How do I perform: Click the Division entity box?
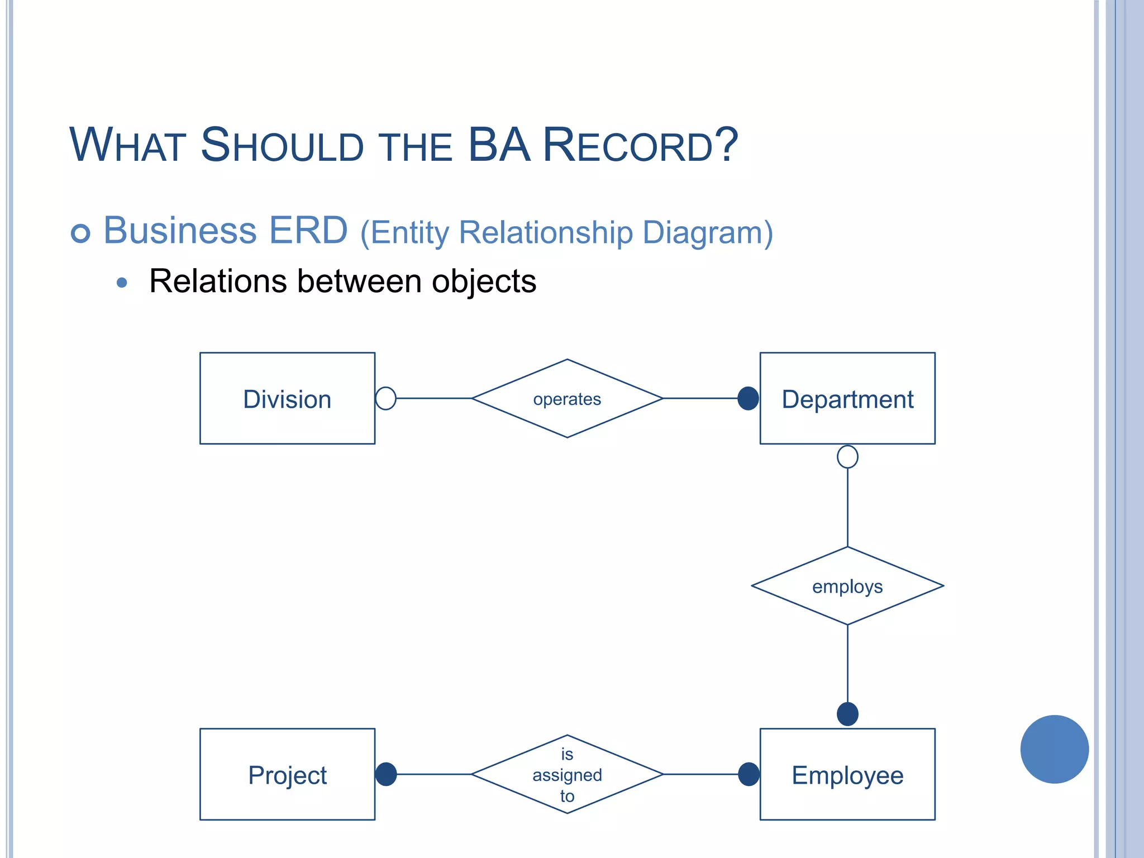click(287, 398)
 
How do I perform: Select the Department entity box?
click(847, 398)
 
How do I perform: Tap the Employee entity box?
click(847, 774)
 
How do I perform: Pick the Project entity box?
click(287, 774)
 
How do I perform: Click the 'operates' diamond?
click(567, 398)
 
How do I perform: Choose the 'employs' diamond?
click(847, 586)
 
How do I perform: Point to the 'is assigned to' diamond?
click(567, 774)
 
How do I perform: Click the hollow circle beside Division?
click(386, 398)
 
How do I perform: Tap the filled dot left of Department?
click(748, 398)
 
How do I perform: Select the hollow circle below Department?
click(847, 457)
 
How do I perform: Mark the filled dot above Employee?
click(847, 714)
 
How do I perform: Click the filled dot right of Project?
click(386, 774)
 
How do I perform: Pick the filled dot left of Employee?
click(749, 774)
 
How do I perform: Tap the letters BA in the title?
click(499, 145)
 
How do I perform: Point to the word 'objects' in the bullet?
click(484, 281)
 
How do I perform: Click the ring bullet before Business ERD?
click(80, 233)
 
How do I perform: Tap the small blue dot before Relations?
click(122, 283)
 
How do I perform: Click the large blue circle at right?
click(1054, 749)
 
